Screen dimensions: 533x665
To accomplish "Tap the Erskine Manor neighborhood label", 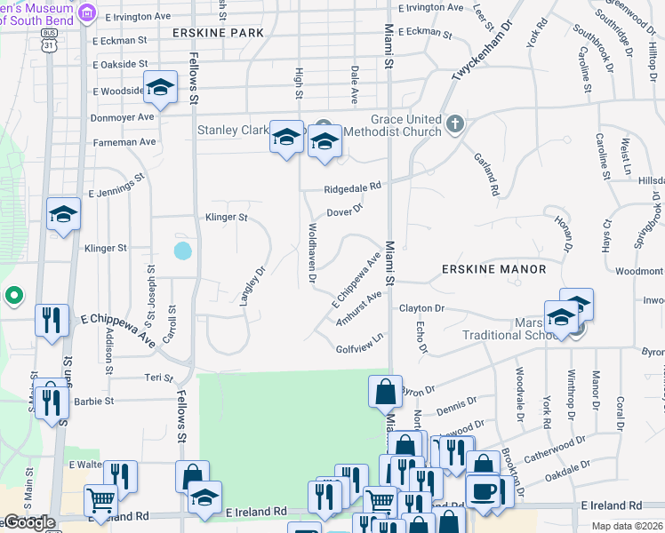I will (493, 268).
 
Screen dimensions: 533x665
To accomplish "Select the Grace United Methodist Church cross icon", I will (455, 123).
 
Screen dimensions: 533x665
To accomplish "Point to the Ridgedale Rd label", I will (352, 187).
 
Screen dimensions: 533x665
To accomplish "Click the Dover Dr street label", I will (345, 211).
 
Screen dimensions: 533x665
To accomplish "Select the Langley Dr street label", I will (254, 287).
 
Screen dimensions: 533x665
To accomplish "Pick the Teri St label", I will (158, 378).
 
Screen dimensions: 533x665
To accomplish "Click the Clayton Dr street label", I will (421, 308).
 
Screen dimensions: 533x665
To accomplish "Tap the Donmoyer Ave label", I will (123, 116).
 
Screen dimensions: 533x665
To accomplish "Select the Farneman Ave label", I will (123, 141).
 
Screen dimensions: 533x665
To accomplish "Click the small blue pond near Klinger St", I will (182, 251).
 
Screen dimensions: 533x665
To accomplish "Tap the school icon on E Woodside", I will (160, 87).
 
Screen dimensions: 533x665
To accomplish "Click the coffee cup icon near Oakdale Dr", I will (484, 490).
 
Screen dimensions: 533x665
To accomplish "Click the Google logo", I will (29, 522).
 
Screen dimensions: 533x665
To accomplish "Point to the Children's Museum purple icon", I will (87, 12).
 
